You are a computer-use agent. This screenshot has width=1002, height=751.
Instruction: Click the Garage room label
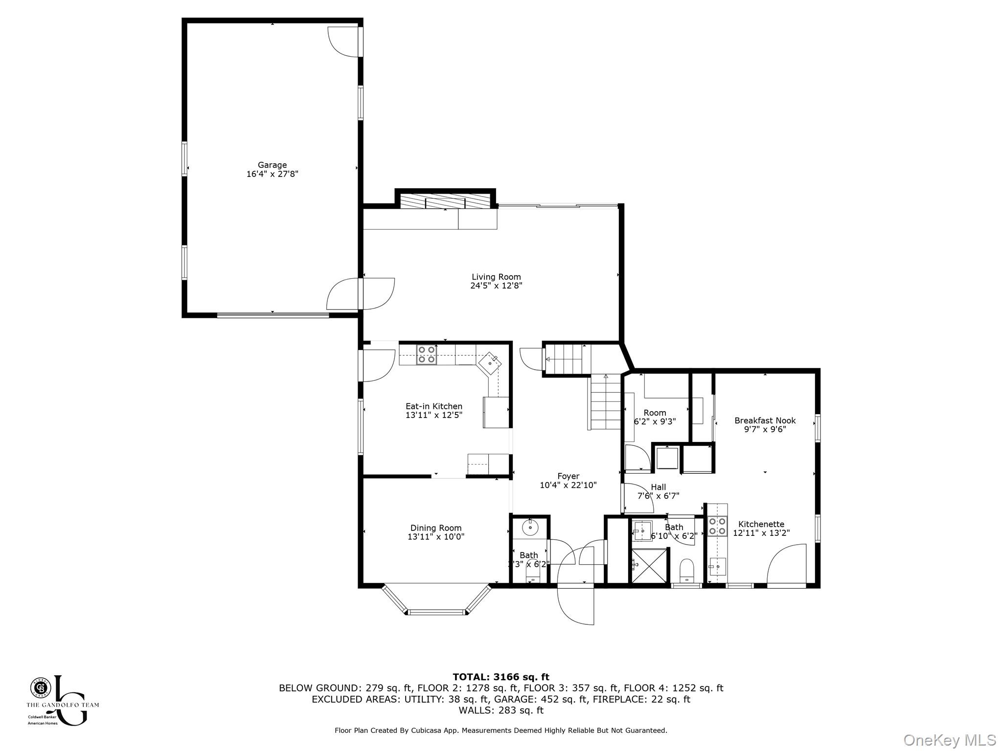coord(272,165)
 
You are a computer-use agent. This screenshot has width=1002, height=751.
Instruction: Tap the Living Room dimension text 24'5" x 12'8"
coord(496,286)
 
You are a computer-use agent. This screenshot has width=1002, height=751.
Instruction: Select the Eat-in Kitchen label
coord(433,406)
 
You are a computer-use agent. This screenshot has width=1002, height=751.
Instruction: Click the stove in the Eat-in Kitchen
coord(426,354)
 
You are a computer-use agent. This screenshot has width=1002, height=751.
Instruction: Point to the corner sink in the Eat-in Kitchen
coord(490,363)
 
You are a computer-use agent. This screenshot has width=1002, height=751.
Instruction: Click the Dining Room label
coord(435,528)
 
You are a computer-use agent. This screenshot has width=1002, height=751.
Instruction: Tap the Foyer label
coord(568,476)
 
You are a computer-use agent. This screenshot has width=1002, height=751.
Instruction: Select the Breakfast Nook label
coord(765,420)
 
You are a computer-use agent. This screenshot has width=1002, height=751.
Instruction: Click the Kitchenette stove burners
coord(717,527)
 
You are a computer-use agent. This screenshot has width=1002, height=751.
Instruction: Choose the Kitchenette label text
coord(761,524)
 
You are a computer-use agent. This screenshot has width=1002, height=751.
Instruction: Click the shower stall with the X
coord(649,565)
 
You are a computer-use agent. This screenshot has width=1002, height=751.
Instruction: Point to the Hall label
coord(658,487)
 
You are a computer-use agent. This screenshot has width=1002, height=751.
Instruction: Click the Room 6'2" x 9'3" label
coord(655,413)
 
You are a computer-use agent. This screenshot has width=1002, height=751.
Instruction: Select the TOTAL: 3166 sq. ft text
coord(501,677)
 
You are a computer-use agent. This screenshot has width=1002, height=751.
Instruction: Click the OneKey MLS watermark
coord(949,740)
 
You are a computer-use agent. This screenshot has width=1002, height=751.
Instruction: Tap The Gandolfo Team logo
coord(62,700)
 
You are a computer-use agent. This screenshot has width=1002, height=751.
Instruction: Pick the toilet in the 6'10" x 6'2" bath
coord(687,571)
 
